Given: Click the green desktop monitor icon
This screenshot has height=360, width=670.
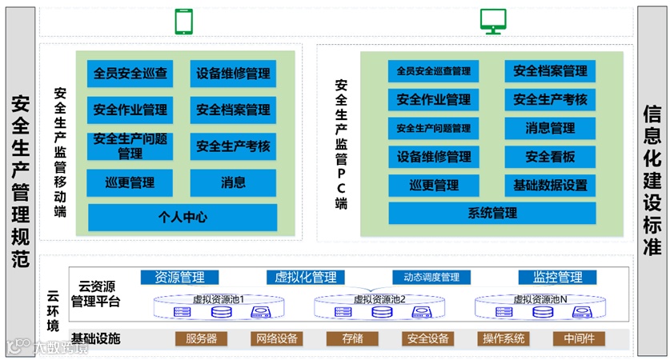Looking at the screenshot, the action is [491, 21].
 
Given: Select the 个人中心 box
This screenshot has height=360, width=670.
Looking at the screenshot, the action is [183, 217].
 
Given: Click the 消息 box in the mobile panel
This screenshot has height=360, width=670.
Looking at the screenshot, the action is [233, 182].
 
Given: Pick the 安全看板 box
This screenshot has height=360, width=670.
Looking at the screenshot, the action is [550, 157].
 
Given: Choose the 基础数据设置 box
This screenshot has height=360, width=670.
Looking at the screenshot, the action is [550, 186].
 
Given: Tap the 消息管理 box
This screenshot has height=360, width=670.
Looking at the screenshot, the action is [550, 128].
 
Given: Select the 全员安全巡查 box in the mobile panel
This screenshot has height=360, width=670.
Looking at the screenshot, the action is [130, 74].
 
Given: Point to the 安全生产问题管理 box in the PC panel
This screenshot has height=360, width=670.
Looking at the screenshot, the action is [433, 128].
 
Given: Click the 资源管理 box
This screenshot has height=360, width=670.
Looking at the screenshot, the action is [179, 278].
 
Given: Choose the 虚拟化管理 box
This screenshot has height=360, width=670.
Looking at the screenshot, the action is [305, 278].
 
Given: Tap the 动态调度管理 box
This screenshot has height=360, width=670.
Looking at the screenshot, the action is [426, 278].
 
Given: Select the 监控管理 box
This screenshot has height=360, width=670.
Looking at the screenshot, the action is [557, 278].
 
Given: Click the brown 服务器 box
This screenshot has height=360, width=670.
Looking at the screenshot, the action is [201, 338].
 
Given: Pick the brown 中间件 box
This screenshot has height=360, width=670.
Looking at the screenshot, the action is [578, 338].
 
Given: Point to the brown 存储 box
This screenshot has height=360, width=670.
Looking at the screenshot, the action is [352, 338].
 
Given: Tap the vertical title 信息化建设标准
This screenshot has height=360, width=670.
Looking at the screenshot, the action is [652, 180].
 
